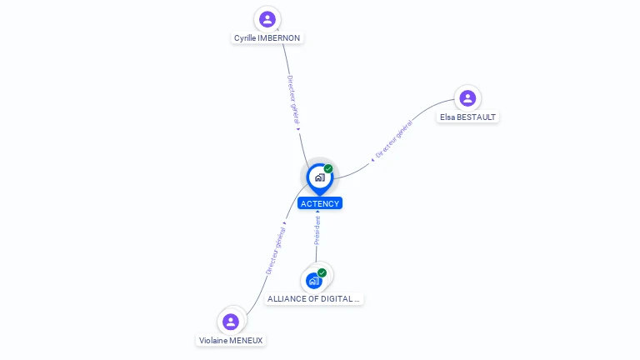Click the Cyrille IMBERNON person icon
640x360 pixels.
tap(267, 18)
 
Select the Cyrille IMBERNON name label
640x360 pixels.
tap(267, 38)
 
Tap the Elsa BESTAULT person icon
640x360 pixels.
tap(467, 98)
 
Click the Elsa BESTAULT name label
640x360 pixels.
tap(468, 117)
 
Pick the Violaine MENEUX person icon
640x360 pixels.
tap(231, 322)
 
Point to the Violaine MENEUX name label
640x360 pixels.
tap(232, 340)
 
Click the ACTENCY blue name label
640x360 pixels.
tap(320, 203)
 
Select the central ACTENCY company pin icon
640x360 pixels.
tap(319, 177)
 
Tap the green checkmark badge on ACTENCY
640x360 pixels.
tap(328, 168)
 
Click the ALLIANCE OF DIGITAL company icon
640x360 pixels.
tap(314, 280)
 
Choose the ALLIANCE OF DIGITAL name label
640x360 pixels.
tap(314, 298)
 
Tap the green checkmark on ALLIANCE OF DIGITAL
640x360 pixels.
tap(322, 272)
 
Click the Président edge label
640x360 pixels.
tap(317, 230)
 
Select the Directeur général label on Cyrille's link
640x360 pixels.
tap(292, 101)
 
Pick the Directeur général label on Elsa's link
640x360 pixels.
tap(394, 139)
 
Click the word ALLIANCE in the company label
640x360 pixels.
tap(287, 298)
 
